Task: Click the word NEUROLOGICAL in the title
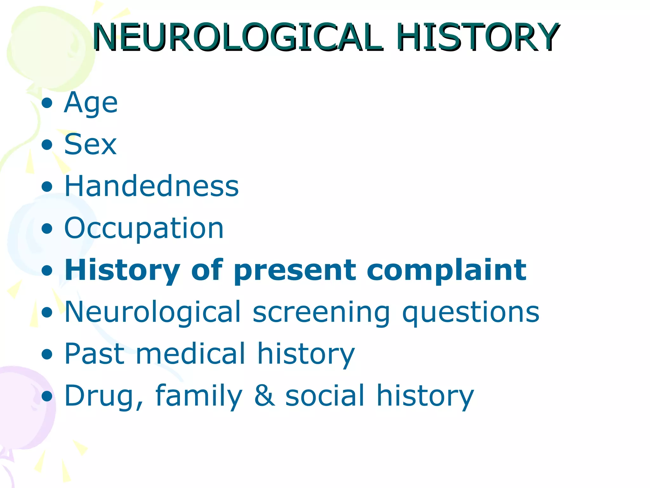(x=236, y=37)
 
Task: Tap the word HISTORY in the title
(x=478, y=37)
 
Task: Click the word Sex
(x=90, y=145)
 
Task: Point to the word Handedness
(x=151, y=186)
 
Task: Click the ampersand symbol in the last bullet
(x=264, y=396)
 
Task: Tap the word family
(x=199, y=396)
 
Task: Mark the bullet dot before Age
(x=47, y=103)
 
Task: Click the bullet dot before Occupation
(x=47, y=228)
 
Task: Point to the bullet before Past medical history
(x=47, y=354)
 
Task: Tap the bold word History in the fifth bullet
(x=122, y=271)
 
